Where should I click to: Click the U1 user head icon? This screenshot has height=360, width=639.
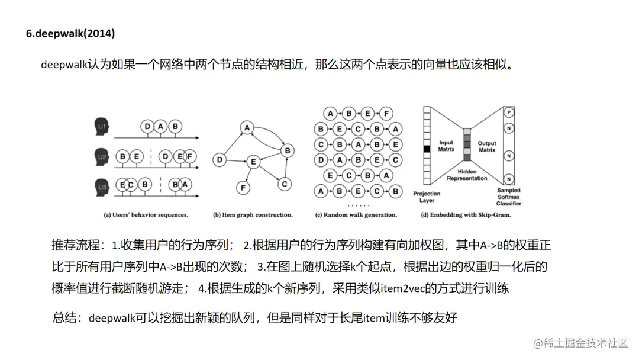coord(102,127)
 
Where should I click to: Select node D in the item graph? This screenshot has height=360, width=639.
coord(220,159)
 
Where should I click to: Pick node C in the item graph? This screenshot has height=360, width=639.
coord(285,184)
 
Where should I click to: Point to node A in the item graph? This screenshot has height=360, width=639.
coord(247,127)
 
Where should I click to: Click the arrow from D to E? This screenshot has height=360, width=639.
coord(235,160)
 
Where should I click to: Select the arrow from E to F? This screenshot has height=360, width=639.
coord(247,174)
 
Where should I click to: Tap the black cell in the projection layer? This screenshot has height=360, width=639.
coord(427,149)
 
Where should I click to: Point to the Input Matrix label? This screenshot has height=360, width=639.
coord(446,146)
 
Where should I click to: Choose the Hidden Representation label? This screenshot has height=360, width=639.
coord(467,175)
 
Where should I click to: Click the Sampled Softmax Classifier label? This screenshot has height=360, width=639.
coord(508,197)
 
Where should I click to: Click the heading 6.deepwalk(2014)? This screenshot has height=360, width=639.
coord(70,33)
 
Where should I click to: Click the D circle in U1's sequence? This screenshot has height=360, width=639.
coord(147,127)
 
